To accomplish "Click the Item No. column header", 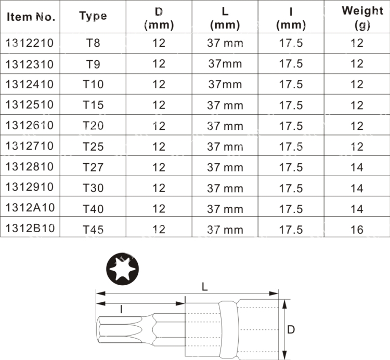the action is [x=31, y=17].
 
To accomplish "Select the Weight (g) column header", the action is [x=362, y=17].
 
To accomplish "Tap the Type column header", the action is [x=93, y=17].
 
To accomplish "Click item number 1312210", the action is [x=30, y=43].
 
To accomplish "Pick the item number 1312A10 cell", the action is [x=30, y=208].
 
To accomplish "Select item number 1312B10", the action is [x=30, y=229].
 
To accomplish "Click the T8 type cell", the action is [x=93, y=43].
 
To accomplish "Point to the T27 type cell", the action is [x=93, y=167].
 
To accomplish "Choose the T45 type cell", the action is [x=93, y=230].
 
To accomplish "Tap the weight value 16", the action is [x=357, y=230].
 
